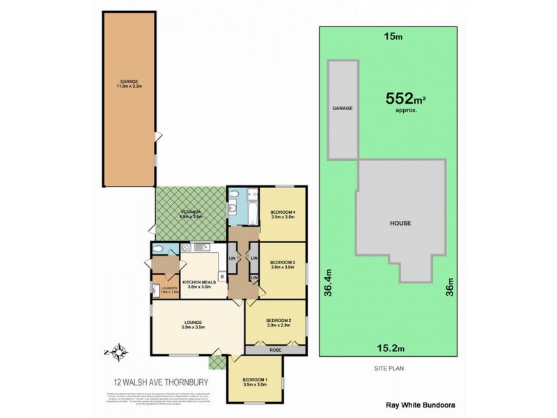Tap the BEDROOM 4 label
(283, 213)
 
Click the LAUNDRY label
(170, 290)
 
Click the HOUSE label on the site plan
(400, 224)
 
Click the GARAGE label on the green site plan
(343, 109)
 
